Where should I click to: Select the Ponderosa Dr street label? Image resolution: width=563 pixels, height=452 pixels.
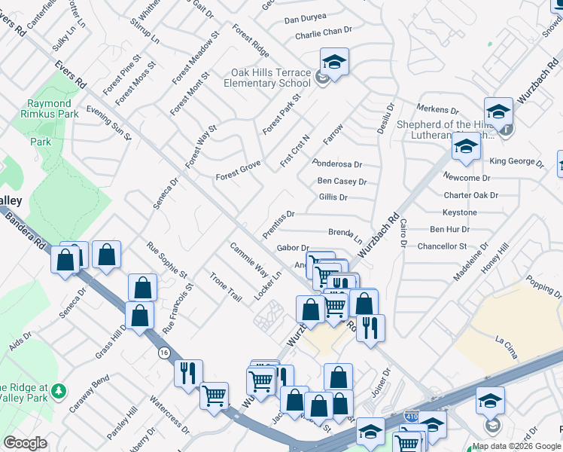coord(337,163)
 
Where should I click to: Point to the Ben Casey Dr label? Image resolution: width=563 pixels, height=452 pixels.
coord(342,182)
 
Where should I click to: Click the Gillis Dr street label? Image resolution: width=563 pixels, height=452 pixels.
coord(333,197)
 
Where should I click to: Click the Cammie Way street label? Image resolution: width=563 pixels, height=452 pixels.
coord(249,258)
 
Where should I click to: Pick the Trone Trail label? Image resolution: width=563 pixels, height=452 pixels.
coord(226,287)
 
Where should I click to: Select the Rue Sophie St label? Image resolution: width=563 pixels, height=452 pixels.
coord(166,258)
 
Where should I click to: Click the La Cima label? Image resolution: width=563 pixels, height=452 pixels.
coord(504,341)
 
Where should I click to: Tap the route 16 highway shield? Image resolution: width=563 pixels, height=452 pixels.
coord(163,353)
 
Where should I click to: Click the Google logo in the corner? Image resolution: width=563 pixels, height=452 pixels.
coord(25,443)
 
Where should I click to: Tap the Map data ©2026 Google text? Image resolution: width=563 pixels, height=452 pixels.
coord(516,446)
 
